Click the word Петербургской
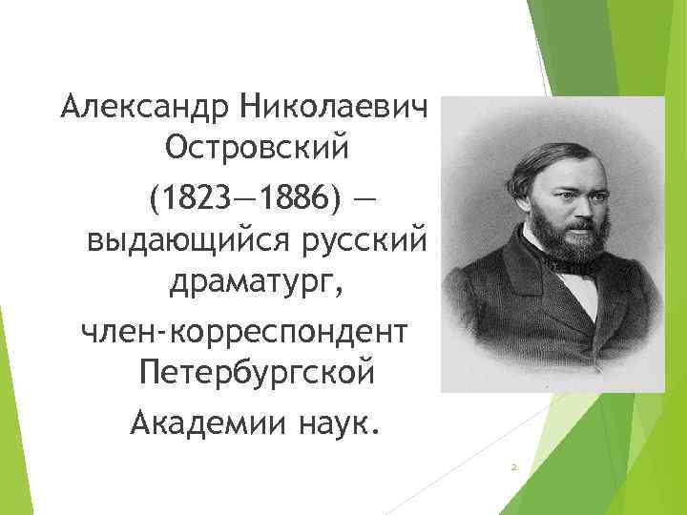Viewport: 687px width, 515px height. click(x=257, y=373)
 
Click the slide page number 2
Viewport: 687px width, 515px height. click(x=513, y=467)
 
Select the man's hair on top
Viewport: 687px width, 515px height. click(x=558, y=153)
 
